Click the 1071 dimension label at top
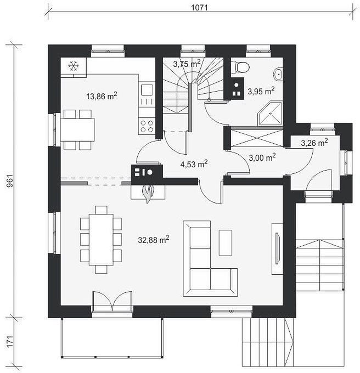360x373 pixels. tap(199, 8)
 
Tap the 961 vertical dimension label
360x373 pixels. tap(10, 181)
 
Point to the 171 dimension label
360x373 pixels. tap(10, 342)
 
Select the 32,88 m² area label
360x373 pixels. tap(154, 240)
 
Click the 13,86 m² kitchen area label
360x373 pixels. tap(102, 96)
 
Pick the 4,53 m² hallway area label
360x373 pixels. tap(194, 164)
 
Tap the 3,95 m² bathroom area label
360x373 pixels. tap(261, 91)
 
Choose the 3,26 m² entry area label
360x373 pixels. tap(314, 143)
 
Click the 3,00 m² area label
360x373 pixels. tap(262, 157)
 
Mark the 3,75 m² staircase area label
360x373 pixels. tap(187, 64)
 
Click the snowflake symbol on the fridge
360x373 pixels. tap(74, 66)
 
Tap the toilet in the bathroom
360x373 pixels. tap(240, 66)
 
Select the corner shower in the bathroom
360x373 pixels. tap(270, 113)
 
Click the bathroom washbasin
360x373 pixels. tap(278, 74)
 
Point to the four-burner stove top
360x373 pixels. tap(147, 126)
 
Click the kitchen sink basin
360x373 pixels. tap(147, 90)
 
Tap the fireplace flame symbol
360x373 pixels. tap(148, 194)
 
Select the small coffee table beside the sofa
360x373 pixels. tap(226, 242)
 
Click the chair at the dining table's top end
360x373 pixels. tap(101, 210)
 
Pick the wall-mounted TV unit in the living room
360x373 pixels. tap(277, 248)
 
